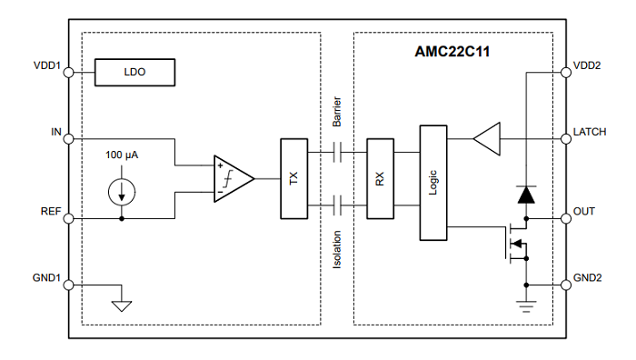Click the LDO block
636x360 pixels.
click(x=134, y=72)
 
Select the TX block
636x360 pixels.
click(x=294, y=178)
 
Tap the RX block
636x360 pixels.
click(x=380, y=178)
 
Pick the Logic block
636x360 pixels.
click(x=433, y=183)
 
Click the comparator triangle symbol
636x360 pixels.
click(x=234, y=178)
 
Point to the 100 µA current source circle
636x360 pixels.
click(x=122, y=192)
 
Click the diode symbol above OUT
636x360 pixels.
click(x=526, y=195)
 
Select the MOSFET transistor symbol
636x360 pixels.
click(x=517, y=242)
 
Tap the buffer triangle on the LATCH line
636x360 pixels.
click(x=487, y=139)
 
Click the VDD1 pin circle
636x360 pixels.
click(x=69, y=72)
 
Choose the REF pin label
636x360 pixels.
click(x=51, y=212)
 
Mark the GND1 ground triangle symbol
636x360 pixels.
click(x=122, y=306)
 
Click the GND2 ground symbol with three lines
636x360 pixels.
click(x=526, y=306)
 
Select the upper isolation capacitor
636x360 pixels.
click(x=337, y=152)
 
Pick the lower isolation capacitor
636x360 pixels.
click(x=337, y=205)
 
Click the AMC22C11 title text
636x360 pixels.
click(x=452, y=52)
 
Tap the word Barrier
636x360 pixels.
click(x=337, y=112)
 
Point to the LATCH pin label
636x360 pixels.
click(x=590, y=132)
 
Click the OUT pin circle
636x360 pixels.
click(x=566, y=218)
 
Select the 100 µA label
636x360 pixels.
click(x=122, y=155)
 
